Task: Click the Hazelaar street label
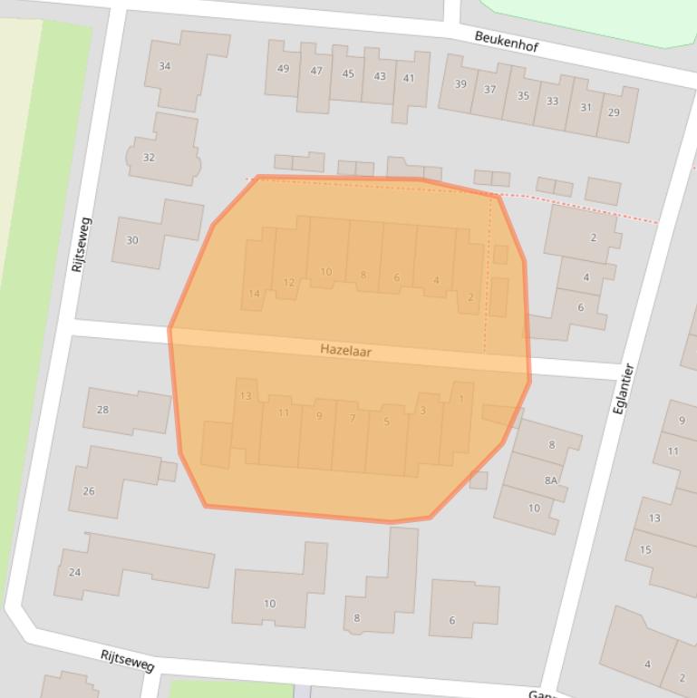(345, 350)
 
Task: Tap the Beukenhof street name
(507, 41)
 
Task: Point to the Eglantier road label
(623, 389)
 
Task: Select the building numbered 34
(165, 66)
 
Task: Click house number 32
(150, 157)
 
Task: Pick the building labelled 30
(132, 240)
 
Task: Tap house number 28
(103, 410)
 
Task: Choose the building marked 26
(89, 491)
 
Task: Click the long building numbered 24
(75, 572)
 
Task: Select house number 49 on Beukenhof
(284, 69)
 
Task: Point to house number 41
(409, 78)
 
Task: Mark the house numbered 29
(614, 112)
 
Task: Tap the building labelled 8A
(551, 480)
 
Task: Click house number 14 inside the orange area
(255, 293)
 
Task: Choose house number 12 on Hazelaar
(288, 282)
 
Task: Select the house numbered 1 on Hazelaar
(460, 399)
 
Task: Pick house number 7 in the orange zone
(353, 418)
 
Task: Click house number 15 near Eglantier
(645, 549)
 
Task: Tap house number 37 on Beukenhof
(489, 90)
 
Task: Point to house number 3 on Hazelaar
(422, 411)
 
